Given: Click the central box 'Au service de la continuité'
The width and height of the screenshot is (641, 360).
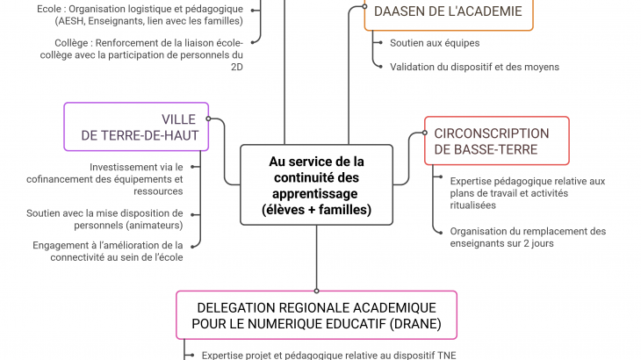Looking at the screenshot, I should click(316, 185).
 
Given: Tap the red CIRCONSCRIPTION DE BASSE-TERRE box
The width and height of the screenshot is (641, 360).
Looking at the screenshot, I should click(496, 141).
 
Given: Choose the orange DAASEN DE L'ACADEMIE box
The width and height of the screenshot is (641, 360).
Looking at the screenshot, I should click(448, 12).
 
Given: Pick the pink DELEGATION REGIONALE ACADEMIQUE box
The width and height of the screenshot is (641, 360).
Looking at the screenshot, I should click(316, 315).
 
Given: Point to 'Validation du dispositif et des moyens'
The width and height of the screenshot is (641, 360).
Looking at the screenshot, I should click(474, 67).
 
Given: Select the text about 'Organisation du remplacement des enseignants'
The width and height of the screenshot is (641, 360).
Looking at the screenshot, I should click(528, 237).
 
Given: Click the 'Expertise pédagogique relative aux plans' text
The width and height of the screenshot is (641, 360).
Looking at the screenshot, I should click(527, 193).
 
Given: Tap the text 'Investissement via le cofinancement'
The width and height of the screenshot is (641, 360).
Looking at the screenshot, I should click(135, 179).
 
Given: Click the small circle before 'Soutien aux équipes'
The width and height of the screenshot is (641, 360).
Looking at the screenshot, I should click(378, 42).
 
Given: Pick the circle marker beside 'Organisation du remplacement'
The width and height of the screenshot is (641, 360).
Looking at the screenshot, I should click(437, 232).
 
